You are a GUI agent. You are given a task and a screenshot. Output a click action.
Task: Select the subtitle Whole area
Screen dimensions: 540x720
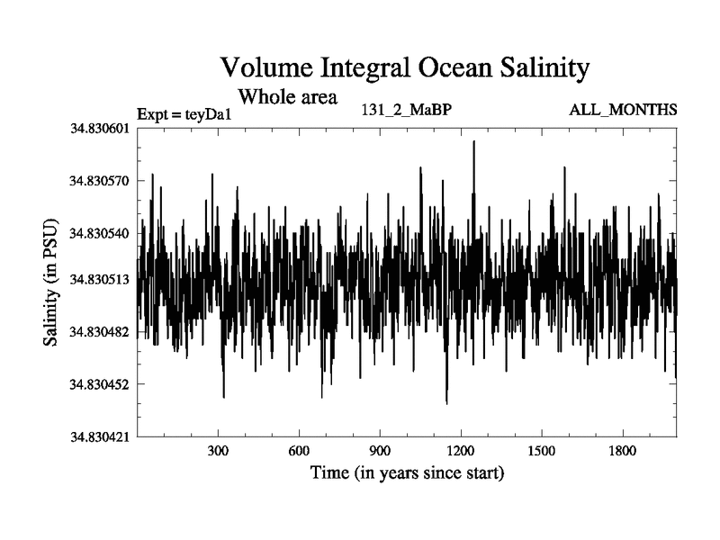[286, 95]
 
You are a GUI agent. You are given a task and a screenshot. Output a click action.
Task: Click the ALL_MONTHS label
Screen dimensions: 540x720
[623, 110]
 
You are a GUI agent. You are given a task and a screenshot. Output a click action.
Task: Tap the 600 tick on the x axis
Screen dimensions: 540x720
[299, 451]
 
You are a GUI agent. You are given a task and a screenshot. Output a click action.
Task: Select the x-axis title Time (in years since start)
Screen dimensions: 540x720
[407, 472]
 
